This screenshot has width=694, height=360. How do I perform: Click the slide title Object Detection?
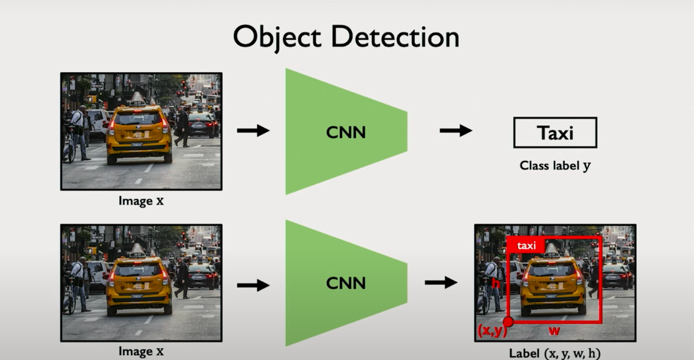pyautogui.click(x=346, y=37)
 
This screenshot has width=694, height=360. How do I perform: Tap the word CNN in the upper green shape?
pyautogui.click(x=346, y=132)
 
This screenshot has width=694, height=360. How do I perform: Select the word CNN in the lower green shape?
pyautogui.click(x=346, y=283)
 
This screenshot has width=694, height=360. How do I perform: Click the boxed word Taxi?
pyautogui.click(x=555, y=132)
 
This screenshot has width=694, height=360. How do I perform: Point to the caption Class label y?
pyautogui.click(x=555, y=165)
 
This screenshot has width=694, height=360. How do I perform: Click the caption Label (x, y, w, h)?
pyautogui.click(x=555, y=353)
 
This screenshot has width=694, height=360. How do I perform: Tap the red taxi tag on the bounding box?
pyautogui.click(x=526, y=246)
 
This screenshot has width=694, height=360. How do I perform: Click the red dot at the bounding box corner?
pyautogui.click(x=508, y=322)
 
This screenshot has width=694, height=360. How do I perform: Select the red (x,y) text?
pyautogui.click(x=492, y=331)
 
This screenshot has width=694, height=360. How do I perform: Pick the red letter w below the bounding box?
pyautogui.click(x=553, y=330)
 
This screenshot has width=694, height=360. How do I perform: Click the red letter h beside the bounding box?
pyautogui.click(x=495, y=283)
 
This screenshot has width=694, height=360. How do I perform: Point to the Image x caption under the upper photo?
pyautogui.click(x=141, y=200)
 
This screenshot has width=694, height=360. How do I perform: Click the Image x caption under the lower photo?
pyautogui.click(x=141, y=352)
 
